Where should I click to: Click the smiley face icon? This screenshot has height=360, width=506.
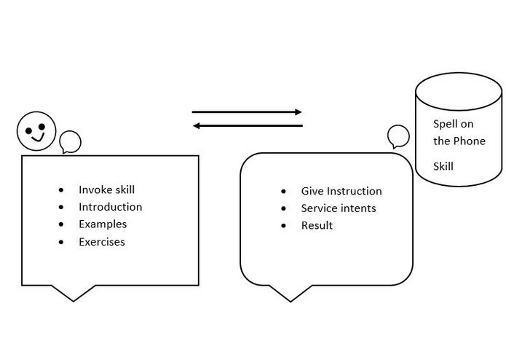point(36,131)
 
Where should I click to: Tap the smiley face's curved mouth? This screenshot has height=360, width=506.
point(39,138)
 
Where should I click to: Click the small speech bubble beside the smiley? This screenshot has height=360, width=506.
point(70,142)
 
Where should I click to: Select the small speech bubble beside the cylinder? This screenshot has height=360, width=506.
point(398,136)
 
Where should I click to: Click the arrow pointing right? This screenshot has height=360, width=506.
point(247,112)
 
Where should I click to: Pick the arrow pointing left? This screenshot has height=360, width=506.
point(248,125)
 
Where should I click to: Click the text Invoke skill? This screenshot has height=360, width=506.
point(106,189)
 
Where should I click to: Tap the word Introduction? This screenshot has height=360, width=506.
point(111,207)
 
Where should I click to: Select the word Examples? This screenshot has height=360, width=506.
point(103,224)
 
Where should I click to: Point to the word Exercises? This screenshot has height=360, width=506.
point(102,242)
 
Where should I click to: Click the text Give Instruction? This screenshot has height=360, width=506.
point(341,191)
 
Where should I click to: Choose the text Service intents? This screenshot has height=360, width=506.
point(339,208)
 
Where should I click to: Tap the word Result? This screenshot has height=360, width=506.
point(317,225)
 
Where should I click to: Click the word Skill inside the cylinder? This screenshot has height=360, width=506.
point(443,166)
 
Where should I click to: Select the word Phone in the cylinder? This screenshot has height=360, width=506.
point(470,141)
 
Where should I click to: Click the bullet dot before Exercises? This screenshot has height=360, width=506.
point(61,242)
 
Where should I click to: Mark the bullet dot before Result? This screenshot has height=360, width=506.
point(283,226)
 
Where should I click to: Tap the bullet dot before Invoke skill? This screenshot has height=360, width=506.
point(61,190)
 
